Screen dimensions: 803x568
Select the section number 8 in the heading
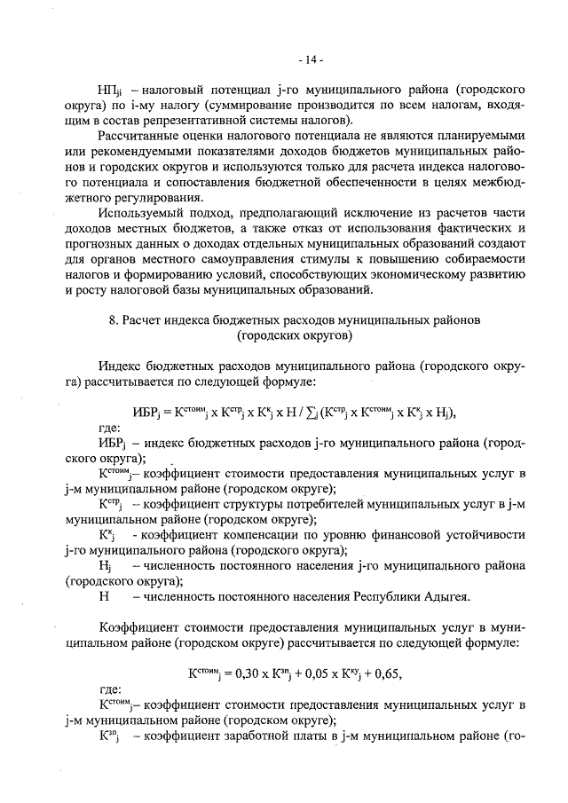[126, 319]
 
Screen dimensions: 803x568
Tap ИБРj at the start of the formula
[146, 411]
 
